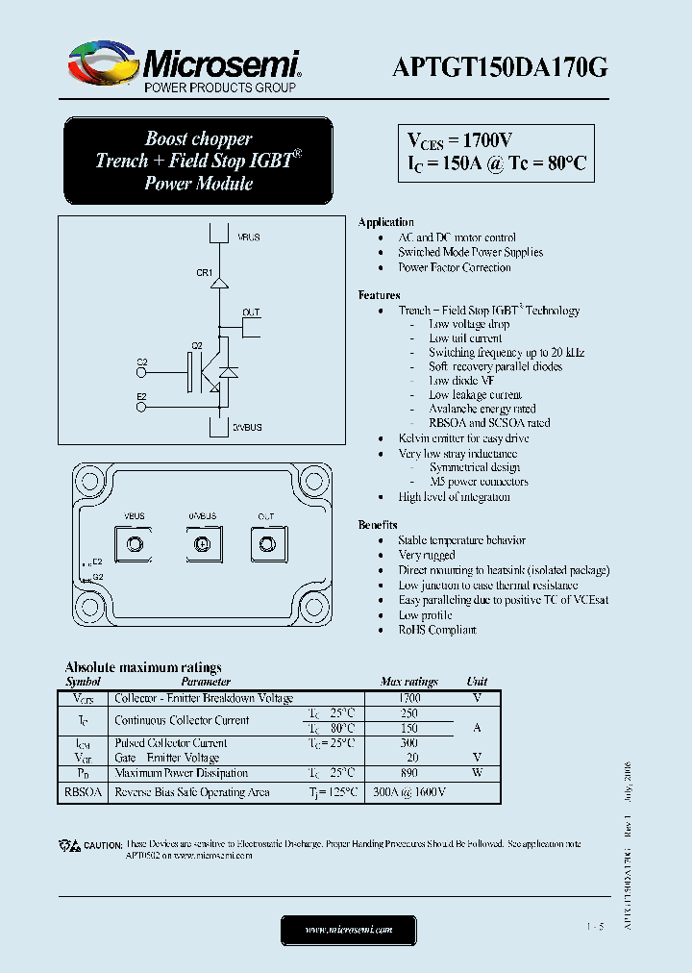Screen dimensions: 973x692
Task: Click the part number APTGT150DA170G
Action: coord(500,65)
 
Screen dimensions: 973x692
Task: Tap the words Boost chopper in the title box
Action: coord(198,138)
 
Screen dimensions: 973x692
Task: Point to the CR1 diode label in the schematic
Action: coord(204,273)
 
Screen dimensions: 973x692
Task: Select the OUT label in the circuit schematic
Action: coord(251,313)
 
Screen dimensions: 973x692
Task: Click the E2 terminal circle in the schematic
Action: coord(142,407)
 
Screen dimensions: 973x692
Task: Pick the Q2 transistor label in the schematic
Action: coord(197,345)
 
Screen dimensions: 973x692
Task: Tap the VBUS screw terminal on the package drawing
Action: coord(136,545)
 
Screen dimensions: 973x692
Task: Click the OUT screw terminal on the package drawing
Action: coord(265,545)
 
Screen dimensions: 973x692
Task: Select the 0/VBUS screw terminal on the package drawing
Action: coord(202,545)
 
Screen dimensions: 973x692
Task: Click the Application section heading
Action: coord(385,222)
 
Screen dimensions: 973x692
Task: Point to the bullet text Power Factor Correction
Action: coord(455,267)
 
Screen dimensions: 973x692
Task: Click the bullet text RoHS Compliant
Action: coord(437,630)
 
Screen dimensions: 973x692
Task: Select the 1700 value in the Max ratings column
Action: coord(409,698)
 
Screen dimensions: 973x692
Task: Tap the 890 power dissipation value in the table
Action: coord(409,773)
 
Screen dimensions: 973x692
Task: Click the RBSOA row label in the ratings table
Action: coord(84,792)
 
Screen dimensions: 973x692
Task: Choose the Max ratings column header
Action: coord(409,682)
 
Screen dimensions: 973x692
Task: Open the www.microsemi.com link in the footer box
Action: coord(349,930)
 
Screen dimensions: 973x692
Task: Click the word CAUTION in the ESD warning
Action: coord(103,844)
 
